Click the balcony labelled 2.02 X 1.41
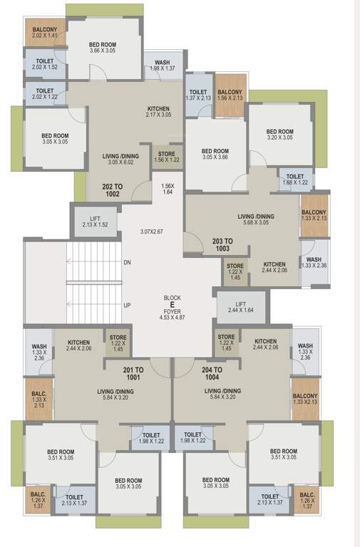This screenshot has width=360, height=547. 44,33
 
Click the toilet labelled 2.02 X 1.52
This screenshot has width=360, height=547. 45,63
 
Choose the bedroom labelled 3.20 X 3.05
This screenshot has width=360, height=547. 279,135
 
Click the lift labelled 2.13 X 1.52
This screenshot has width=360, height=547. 94,222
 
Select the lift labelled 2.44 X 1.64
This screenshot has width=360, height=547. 242,306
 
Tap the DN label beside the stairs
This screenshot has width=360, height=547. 127,263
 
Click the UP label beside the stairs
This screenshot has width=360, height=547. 127,305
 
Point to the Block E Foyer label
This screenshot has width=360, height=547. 172,304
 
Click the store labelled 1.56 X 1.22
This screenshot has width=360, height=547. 167,157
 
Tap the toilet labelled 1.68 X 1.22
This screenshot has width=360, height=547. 293,179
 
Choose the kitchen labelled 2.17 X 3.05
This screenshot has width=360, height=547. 158,110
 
